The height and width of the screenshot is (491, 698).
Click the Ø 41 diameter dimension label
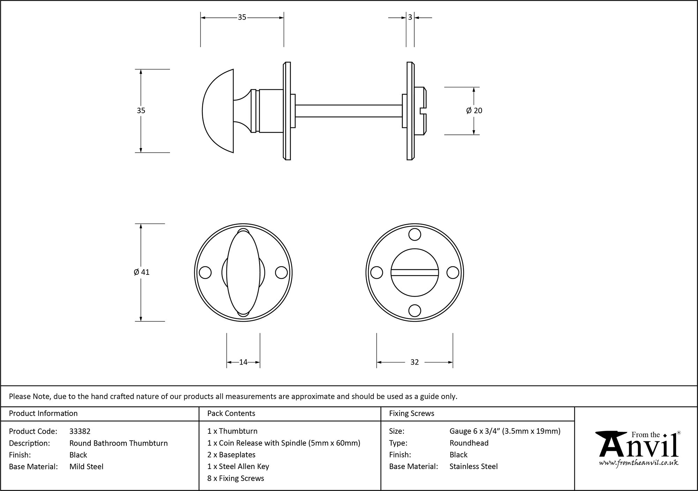141,272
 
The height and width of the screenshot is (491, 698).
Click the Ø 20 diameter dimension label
474,110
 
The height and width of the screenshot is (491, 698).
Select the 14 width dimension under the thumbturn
243,362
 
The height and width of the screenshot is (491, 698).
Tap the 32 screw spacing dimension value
414,362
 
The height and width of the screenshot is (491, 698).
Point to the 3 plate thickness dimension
410,17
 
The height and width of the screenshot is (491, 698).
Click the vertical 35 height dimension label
141,110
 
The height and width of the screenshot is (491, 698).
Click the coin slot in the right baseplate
414,272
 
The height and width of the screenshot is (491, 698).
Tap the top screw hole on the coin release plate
415,235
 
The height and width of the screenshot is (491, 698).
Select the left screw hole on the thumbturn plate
205,272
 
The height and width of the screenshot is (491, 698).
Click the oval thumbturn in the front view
243,272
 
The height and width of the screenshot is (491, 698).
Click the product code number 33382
80,431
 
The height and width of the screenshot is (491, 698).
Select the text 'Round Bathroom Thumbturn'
118,443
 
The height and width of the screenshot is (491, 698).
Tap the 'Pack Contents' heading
231,413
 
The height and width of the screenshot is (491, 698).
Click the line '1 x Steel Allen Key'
238,467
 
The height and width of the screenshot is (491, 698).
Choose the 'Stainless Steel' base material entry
473,467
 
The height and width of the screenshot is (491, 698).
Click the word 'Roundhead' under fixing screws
469,443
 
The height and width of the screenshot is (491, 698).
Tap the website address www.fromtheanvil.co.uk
638,463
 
